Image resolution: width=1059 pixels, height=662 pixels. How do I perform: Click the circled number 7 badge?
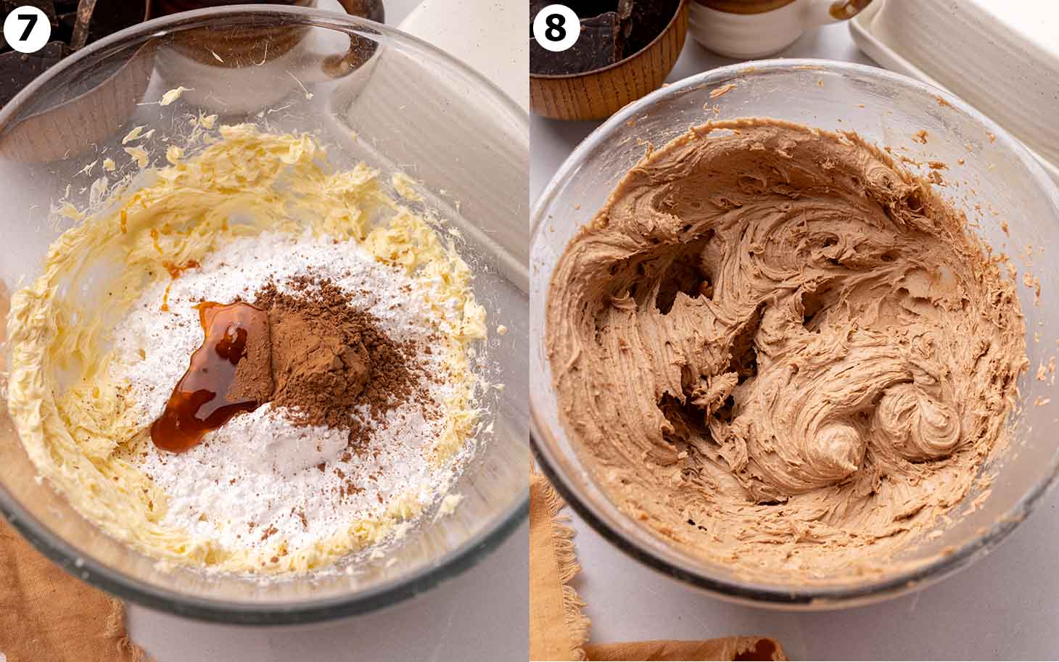(x=27, y=28)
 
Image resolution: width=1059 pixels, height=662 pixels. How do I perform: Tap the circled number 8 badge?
(x=556, y=28)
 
